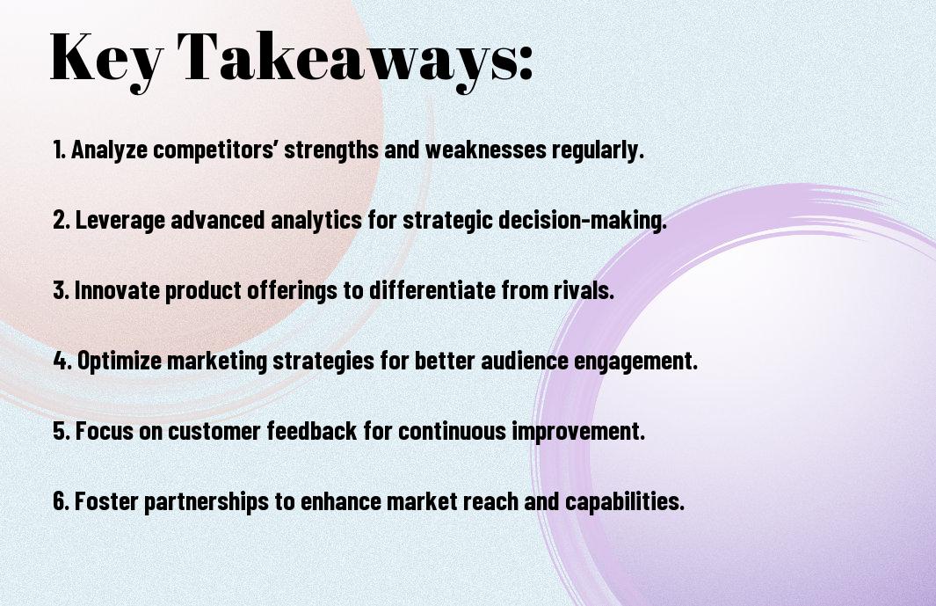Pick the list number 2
[x=62, y=220]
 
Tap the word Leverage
[x=120, y=220]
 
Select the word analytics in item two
[x=316, y=220]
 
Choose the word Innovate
[x=117, y=290]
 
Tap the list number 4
[x=62, y=361]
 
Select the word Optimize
[x=120, y=361]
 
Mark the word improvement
[x=578, y=431]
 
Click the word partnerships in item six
[x=207, y=500]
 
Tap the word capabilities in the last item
[x=624, y=500]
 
